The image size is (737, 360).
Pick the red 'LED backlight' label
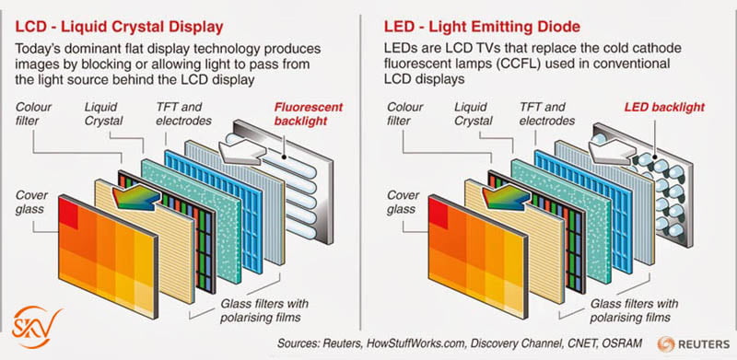click(664, 108)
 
